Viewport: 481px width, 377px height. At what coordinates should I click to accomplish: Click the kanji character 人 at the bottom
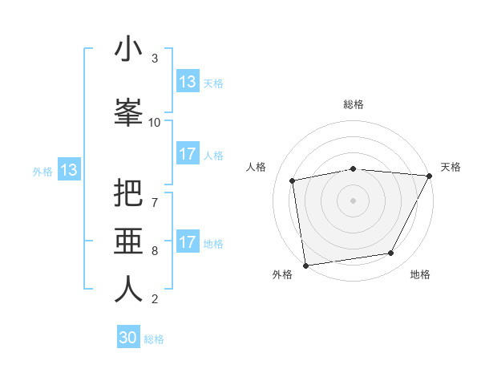129,289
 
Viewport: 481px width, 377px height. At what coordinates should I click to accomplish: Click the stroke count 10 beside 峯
155,122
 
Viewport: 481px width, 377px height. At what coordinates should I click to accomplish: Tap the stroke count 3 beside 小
155,59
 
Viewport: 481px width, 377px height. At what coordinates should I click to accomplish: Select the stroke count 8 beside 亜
155,250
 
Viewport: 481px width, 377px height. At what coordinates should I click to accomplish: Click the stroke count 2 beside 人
155,299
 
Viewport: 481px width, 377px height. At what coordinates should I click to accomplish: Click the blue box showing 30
128,338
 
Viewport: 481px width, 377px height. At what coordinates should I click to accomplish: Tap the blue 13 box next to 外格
69,170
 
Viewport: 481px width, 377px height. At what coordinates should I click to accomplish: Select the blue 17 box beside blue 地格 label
188,242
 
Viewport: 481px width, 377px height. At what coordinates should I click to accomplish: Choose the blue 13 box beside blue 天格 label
188,82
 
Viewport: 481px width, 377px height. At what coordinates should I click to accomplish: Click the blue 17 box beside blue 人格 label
188,154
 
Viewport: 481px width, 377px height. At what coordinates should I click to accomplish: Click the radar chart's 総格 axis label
354,104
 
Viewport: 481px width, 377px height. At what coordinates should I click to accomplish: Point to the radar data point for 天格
429,176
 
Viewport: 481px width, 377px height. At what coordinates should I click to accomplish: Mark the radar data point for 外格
305,265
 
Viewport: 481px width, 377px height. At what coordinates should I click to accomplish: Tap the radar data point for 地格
391,253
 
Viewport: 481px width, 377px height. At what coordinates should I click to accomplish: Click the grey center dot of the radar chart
354,200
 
